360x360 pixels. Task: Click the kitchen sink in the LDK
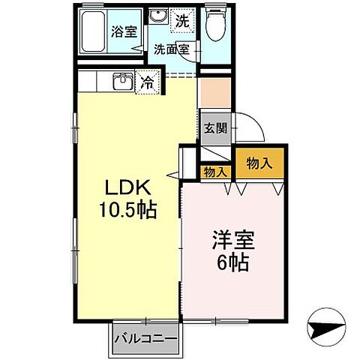click(x=123, y=82)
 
